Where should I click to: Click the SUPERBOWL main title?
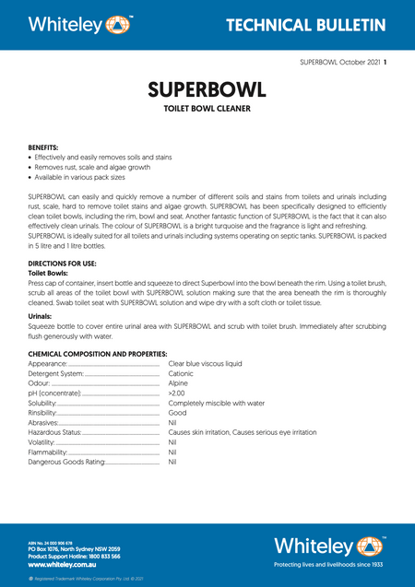(207, 90)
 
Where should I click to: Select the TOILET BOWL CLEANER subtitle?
(207, 109)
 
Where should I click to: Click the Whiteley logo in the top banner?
(80, 23)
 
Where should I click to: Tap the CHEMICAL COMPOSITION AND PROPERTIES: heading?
(97, 355)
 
